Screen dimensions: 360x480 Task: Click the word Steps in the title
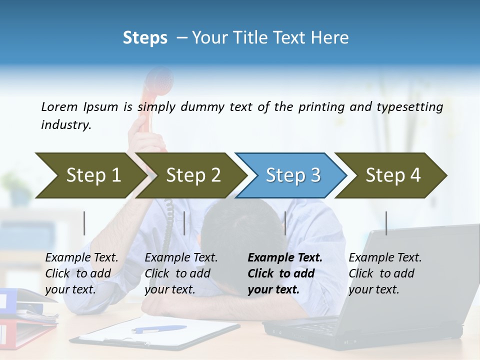(x=145, y=38)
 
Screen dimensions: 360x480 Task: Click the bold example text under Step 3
(x=283, y=273)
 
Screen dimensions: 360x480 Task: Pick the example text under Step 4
(x=384, y=273)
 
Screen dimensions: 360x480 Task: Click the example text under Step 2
(x=180, y=273)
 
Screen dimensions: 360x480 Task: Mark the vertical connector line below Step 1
(x=84, y=223)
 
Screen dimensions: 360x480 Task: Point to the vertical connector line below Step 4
(x=386, y=223)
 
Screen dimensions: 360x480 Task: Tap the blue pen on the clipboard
(x=158, y=329)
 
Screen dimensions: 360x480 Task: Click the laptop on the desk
(x=380, y=300)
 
